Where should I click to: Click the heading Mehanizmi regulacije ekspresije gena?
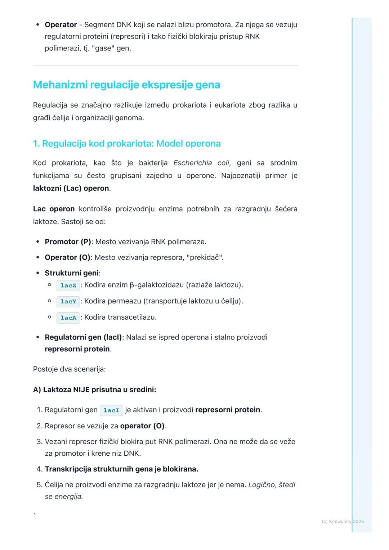coord(126,85)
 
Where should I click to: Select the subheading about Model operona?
coord(126,144)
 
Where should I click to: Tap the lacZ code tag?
coord(68,285)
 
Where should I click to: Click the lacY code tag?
coord(68,301)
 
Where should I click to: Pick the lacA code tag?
coord(68,317)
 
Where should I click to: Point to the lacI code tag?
coord(111,410)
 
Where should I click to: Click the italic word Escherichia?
coord(192,163)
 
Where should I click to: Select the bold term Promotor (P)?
coord(68,242)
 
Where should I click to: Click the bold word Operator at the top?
coord(61,25)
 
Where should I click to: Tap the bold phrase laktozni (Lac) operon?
coord(71,189)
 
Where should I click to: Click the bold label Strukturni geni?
coord(72,273)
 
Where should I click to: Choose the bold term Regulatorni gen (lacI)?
coord(83,338)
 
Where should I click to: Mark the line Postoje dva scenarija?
coord(69,369)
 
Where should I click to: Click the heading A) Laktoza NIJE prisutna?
coord(94,390)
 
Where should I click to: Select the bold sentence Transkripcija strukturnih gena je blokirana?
coord(121,469)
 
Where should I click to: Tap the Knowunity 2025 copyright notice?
coord(343,522)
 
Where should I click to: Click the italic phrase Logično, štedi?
coord(272,485)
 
